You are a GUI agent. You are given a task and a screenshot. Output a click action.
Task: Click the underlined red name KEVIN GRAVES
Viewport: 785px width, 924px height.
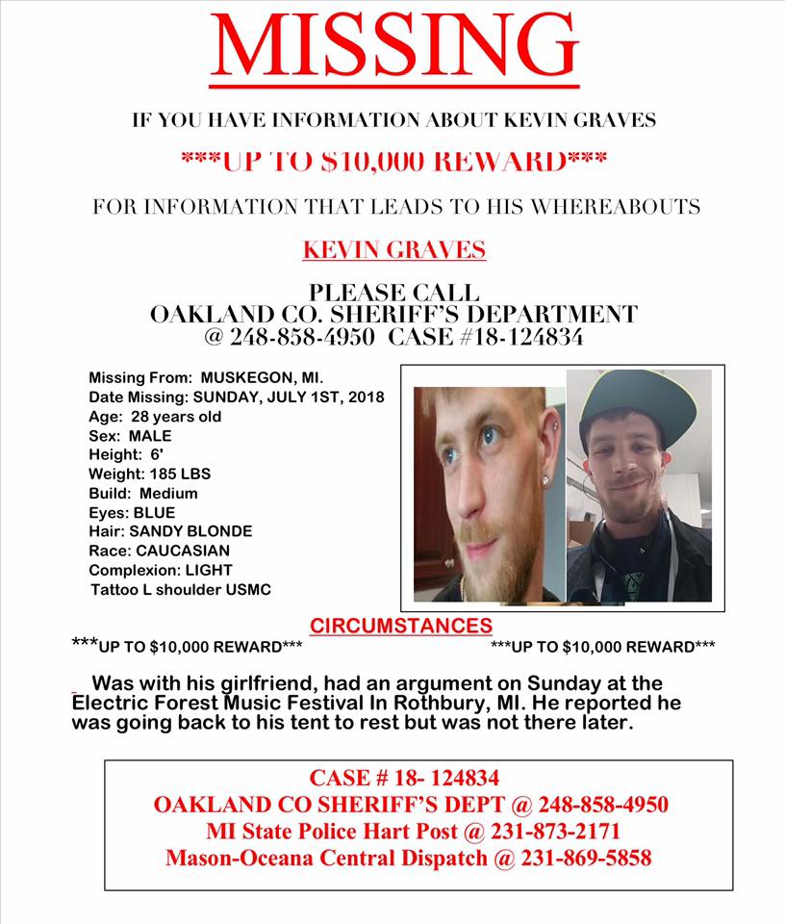pos(393,251)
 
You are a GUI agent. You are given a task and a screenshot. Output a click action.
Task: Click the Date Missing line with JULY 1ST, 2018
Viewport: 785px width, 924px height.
pos(236,398)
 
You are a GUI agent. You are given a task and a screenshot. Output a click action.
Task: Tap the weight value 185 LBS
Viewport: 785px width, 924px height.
pos(178,474)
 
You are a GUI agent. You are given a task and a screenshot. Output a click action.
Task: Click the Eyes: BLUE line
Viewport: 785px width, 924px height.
pos(132,512)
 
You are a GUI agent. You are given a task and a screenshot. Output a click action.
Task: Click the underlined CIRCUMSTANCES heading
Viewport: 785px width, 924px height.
pos(401,626)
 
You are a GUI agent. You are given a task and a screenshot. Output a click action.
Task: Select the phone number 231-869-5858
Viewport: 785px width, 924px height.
pos(587,858)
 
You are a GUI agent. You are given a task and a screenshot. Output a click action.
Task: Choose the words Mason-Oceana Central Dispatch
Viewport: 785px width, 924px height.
pos(326,858)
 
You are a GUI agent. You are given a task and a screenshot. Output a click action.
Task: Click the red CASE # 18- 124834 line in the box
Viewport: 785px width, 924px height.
pos(404,778)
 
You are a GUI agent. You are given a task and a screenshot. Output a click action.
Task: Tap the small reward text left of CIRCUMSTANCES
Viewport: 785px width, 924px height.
pos(188,646)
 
